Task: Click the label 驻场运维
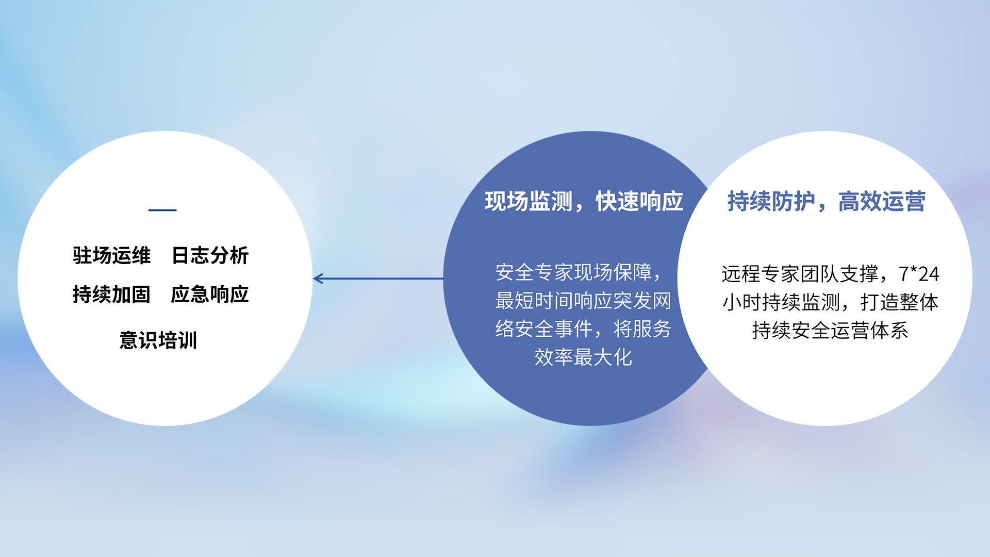click(x=111, y=255)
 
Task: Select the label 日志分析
click(x=210, y=255)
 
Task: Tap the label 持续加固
click(x=111, y=294)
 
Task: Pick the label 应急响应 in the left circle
click(x=210, y=294)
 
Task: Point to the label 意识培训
click(x=158, y=340)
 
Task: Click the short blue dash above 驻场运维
click(x=162, y=210)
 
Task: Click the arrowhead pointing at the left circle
click(x=318, y=278)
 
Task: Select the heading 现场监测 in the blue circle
click(x=529, y=201)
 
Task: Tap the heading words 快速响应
click(x=639, y=201)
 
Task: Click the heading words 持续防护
click(x=771, y=201)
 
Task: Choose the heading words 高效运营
click(x=882, y=201)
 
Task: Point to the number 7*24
click(x=919, y=274)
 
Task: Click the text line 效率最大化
click(x=583, y=357)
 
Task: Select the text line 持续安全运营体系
click(x=830, y=331)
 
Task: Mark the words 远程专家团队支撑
click(x=800, y=274)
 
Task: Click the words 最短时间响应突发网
click(x=583, y=301)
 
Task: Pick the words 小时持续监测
click(x=781, y=302)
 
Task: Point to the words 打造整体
click(x=899, y=302)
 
